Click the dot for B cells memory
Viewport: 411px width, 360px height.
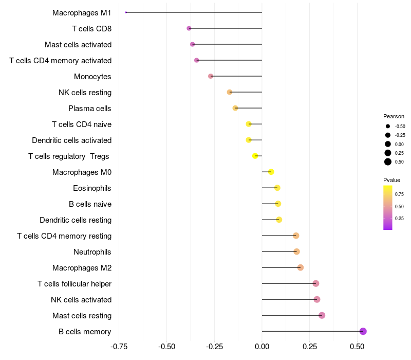click(x=363, y=331)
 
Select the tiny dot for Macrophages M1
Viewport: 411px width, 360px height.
click(x=126, y=12)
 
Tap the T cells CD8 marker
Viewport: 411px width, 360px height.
click(x=189, y=28)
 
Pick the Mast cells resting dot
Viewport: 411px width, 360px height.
click(x=322, y=315)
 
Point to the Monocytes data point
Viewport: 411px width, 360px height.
click(x=211, y=76)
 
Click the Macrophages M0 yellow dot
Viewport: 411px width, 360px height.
click(x=271, y=172)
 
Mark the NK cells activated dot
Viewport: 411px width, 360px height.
click(x=317, y=299)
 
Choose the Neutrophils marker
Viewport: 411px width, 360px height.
click(x=296, y=251)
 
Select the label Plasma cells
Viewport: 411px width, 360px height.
click(x=90, y=109)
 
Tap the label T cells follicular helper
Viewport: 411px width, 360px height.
click(x=74, y=284)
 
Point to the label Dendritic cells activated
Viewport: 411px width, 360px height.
click(x=72, y=140)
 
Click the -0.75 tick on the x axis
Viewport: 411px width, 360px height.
click(x=119, y=347)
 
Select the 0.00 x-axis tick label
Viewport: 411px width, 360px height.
click(x=262, y=347)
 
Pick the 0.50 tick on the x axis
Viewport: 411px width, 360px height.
click(x=357, y=347)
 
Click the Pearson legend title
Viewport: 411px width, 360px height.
click(x=394, y=116)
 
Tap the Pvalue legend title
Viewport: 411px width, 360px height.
click(x=391, y=180)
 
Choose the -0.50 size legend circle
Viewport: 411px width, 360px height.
click(x=388, y=126)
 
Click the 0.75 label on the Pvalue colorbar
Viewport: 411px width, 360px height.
click(x=399, y=194)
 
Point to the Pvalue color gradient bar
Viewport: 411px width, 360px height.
click(x=387, y=207)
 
